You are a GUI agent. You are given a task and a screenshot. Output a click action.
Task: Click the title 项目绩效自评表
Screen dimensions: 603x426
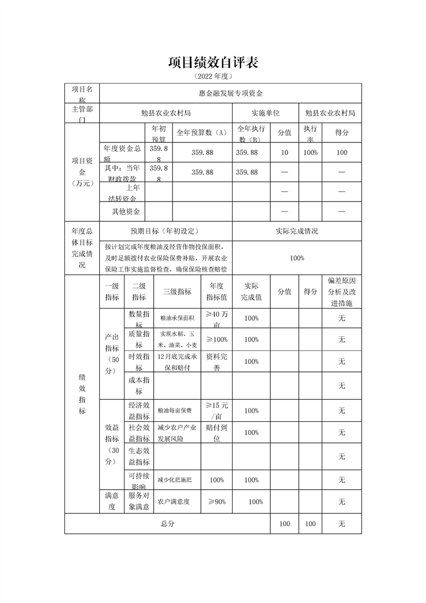(x=213, y=63)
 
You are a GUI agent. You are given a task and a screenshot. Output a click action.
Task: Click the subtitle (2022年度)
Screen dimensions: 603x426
(x=213, y=76)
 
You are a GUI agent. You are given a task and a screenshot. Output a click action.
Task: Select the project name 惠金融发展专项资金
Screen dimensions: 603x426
(x=230, y=93)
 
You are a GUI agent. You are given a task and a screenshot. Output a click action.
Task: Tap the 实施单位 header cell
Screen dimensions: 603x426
(x=265, y=113)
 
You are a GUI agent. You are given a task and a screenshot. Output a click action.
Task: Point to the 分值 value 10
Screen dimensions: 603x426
(x=285, y=153)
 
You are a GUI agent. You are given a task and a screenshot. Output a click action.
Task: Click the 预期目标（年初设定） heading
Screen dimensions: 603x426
(x=165, y=231)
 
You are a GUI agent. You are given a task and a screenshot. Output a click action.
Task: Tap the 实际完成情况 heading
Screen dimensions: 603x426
(x=297, y=231)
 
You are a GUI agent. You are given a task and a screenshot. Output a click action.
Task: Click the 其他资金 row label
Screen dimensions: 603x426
(x=126, y=211)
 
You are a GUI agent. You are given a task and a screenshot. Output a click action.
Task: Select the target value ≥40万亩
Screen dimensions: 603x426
(x=216, y=319)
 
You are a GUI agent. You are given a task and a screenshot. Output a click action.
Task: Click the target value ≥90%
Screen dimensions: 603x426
(x=216, y=501)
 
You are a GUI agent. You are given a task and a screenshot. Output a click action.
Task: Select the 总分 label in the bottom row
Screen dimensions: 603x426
(x=167, y=523)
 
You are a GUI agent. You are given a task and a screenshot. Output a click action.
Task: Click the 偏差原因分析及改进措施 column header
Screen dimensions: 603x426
(x=341, y=292)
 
